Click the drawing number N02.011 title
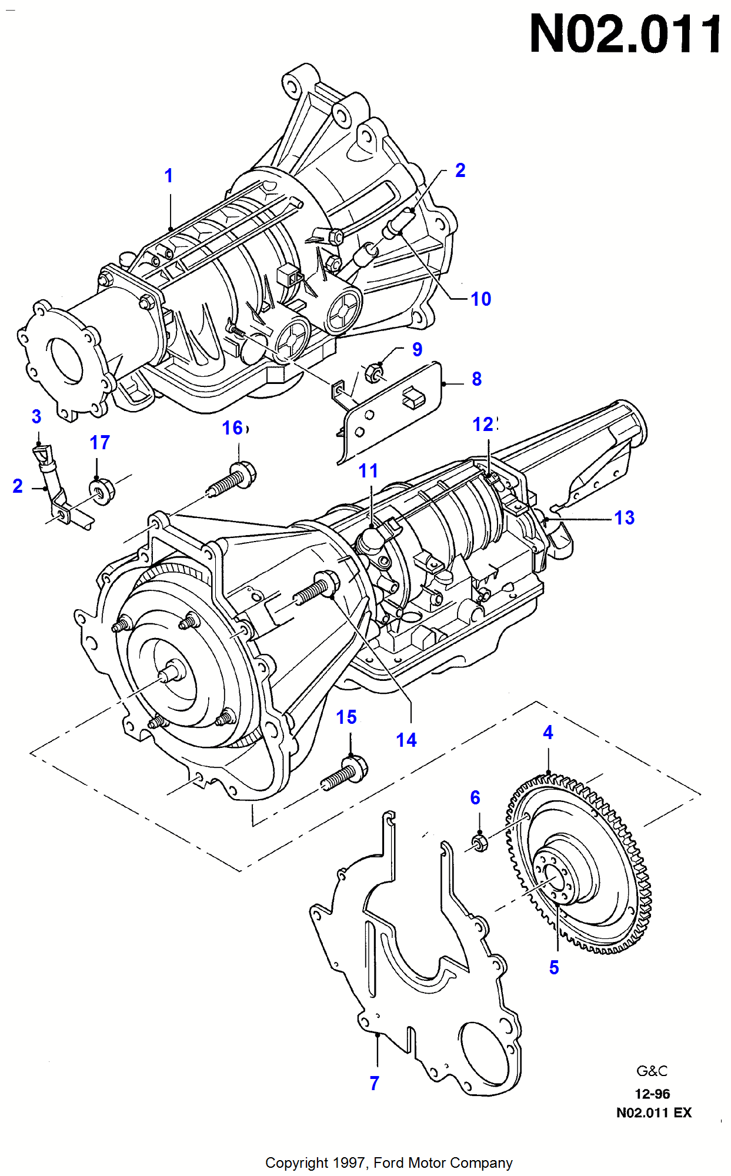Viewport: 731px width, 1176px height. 625,35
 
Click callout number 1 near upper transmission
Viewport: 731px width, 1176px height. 169,176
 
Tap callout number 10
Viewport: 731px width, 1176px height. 480,299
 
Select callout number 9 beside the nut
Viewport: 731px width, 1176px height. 417,349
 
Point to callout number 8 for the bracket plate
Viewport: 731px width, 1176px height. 476,379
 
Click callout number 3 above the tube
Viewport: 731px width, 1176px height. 36,417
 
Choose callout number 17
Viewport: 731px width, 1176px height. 99,443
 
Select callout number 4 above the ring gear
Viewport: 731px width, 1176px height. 548,733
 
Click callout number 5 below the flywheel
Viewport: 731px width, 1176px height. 553,967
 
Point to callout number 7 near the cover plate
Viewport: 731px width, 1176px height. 374,1083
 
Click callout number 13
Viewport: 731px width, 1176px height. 624,518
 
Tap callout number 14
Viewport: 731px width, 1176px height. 406,740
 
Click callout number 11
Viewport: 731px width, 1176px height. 368,471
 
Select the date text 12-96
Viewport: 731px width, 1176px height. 652,1094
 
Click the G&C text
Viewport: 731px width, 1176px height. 652,1071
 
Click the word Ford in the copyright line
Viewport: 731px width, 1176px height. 389,1163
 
